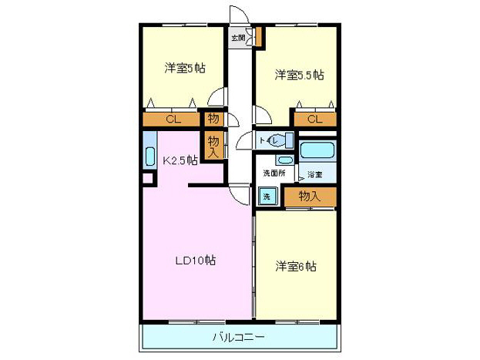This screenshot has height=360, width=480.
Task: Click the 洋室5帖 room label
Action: (184, 67)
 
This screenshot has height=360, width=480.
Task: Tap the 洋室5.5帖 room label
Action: (300, 75)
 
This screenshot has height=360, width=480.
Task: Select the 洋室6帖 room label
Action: (297, 267)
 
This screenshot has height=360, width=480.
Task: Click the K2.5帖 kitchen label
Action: (180, 161)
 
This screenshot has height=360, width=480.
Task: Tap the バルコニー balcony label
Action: (239, 337)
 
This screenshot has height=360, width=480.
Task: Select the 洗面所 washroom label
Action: (274, 173)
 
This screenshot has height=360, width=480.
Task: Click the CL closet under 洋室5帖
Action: (173, 119)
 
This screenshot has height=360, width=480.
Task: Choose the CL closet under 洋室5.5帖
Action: (314, 119)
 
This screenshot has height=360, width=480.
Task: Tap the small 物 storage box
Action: (213, 119)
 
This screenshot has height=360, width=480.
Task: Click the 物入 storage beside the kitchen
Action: (213, 145)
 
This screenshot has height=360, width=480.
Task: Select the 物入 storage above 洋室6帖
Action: (309, 197)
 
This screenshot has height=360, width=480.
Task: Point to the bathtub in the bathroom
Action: (317, 150)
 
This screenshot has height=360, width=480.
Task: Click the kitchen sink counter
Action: (149, 150)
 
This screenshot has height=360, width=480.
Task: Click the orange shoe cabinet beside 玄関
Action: (259, 36)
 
